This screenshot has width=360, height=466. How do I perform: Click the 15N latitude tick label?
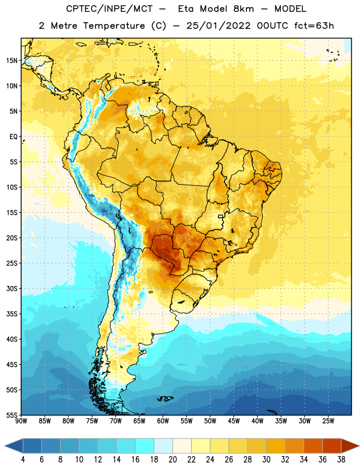click(x=12, y=61)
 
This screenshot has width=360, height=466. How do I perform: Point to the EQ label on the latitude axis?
click(x=13, y=137)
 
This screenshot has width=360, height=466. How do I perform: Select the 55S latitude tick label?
click(x=12, y=415)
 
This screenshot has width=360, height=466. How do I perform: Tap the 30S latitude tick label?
click(x=12, y=288)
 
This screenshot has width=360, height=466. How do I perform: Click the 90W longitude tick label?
click(x=21, y=421)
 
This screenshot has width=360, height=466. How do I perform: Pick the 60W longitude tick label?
click(x=163, y=421)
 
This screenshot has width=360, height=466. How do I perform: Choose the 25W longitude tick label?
click(x=328, y=421)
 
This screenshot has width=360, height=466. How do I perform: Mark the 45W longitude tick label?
click(x=234, y=421)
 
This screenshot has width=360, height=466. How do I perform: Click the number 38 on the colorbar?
click(x=341, y=460)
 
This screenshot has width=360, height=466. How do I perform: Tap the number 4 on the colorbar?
click(x=23, y=460)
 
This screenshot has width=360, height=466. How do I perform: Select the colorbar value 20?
click(x=172, y=460)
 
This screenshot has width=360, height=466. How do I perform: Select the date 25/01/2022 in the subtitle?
click(x=218, y=26)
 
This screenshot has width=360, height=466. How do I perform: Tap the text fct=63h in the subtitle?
click(x=314, y=26)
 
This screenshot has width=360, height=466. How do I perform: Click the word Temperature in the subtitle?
click(x=114, y=26)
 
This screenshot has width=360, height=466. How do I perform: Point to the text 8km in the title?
click(x=243, y=9)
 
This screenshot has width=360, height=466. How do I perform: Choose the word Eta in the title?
click(x=185, y=9)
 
